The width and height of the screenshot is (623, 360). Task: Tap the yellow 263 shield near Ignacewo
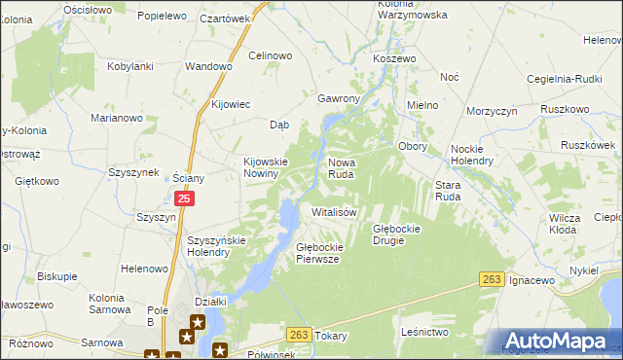coord(493,280)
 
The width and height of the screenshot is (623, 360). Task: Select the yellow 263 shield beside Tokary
coord(299,334)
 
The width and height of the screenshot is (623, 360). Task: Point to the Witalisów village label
coord(336,211)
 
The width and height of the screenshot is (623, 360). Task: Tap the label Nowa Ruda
coord(348,168)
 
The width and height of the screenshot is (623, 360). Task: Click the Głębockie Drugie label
coord(402,234)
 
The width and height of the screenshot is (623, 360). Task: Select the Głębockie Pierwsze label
coord(317,253)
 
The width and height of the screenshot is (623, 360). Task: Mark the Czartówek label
coord(225,18)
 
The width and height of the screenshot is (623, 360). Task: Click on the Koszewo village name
coord(394,58)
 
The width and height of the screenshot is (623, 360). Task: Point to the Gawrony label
coord(339,99)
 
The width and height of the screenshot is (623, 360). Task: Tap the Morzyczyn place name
coord(491,112)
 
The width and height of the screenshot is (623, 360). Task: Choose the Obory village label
coord(415,146)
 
